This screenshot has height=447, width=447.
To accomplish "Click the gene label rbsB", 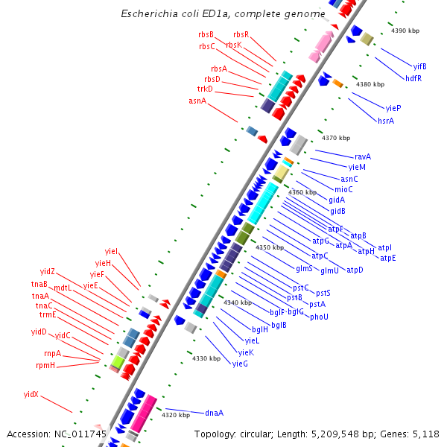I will pyautogui.click(x=206, y=34).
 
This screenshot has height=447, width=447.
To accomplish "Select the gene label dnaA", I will pyautogui.click(x=215, y=413).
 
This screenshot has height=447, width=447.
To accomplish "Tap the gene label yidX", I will pyautogui.click(x=31, y=394).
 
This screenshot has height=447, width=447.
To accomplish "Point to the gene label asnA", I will pyautogui.click(x=197, y=101).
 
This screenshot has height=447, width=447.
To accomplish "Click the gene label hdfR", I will pyautogui.click(x=413, y=77).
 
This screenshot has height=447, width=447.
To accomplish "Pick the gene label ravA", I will pyautogui.click(x=363, y=156).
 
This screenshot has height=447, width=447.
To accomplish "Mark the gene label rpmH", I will pyautogui.click(x=45, y=365).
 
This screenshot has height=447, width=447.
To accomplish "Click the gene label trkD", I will pyautogui.click(x=205, y=89).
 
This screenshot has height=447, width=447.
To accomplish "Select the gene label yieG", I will pyautogui.click(x=240, y=364).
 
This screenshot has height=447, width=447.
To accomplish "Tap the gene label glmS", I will pyautogui.click(x=304, y=268).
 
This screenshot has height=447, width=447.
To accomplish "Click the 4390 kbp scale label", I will pyautogui.click(x=406, y=31).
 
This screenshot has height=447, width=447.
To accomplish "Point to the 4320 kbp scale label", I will pyautogui.click(x=176, y=415).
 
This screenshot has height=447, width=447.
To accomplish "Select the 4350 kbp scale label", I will pyautogui.click(x=270, y=247).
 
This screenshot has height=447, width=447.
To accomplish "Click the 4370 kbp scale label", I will pyautogui.click(x=336, y=138).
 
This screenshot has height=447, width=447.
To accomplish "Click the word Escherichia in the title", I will pyautogui.click(x=152, y=14).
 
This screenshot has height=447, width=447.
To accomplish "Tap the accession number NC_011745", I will pyautogui.click(x=79, y=434).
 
